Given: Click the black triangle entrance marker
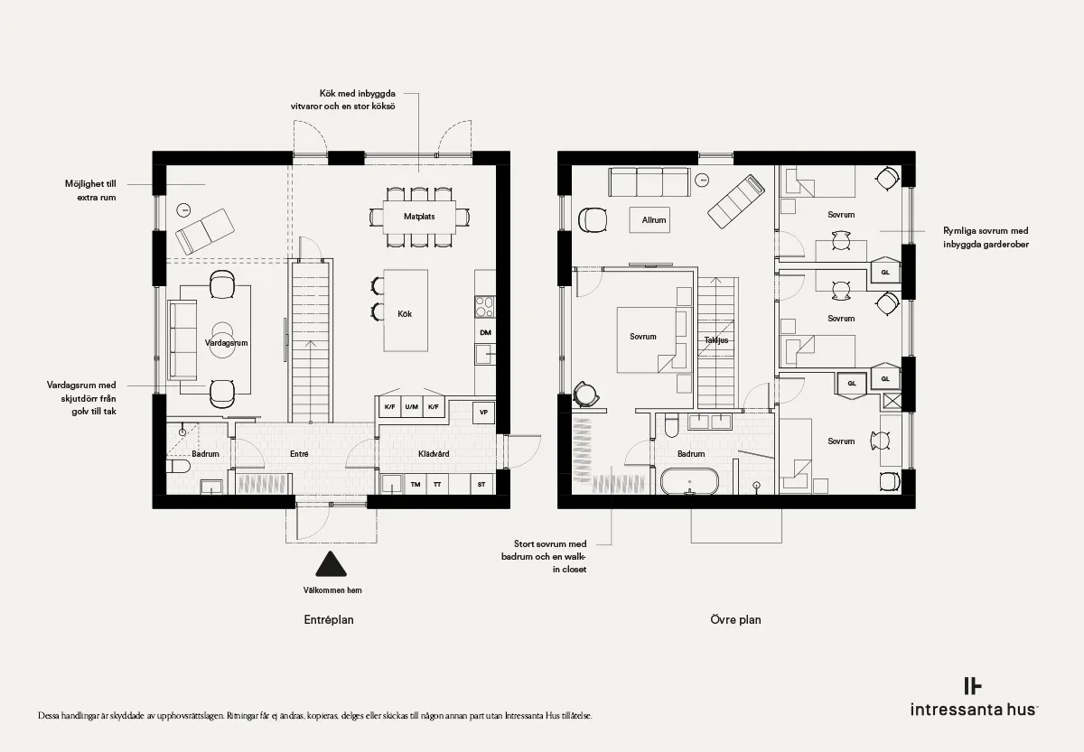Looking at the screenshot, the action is tap(331, 564).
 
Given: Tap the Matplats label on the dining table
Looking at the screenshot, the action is tap(419, 217).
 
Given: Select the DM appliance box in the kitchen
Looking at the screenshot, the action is tap(485, 332).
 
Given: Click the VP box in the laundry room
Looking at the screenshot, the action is tap(483, 413).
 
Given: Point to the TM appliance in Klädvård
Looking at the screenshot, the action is tap(416, 484).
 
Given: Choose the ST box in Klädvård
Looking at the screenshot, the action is tap(481, 484).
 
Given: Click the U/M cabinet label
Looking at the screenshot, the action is tap(411, 407).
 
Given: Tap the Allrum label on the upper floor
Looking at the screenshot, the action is tap(654, 220).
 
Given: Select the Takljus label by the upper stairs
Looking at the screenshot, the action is tap(716, 340).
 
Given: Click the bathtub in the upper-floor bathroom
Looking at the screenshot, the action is tap(689, 481).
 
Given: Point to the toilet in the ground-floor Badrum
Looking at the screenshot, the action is tap(179, 466).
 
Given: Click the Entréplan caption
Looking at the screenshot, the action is tap(329, 619).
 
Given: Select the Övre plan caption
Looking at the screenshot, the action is tap(735, 619).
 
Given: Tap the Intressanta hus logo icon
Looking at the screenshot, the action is tap(973, 686).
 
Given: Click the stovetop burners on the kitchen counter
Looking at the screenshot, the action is tap(484, 307).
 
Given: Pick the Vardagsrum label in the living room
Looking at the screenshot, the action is tap(226, 343).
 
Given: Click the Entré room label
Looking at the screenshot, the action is tap(299, 453).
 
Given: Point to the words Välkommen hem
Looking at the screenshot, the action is tap(332, 590).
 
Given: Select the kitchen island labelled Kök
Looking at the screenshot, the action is tap(406, 311).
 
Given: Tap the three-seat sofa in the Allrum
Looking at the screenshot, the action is tap(649, 181).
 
